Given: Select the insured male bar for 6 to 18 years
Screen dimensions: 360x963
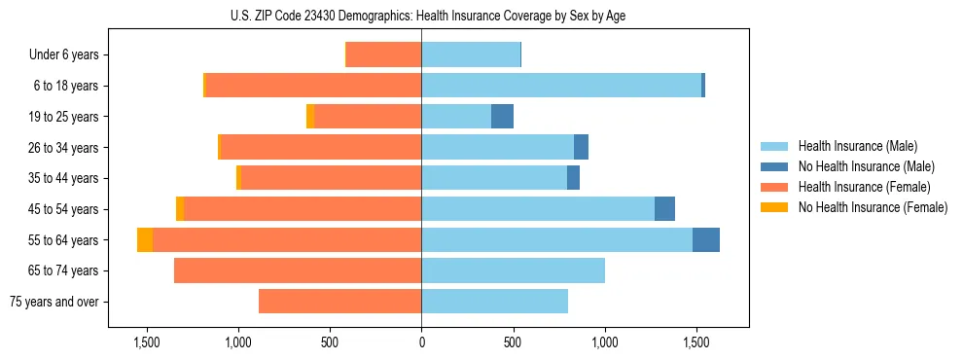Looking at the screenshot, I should point(561,86).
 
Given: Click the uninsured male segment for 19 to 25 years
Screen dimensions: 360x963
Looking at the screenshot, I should point(502,117).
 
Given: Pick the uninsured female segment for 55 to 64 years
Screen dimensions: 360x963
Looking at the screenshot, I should point(145,239).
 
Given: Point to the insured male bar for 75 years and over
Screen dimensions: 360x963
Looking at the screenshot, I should point(494,302).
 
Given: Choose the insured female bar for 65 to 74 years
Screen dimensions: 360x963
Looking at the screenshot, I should point(298,270).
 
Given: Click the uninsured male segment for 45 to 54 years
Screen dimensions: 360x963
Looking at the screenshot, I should point(664,209).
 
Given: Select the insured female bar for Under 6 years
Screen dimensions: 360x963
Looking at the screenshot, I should point(384,55).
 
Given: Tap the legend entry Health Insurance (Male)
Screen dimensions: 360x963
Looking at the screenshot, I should point(857,146).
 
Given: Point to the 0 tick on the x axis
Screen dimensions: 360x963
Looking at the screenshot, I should point(421,342).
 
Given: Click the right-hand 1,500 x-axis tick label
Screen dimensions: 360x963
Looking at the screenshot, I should point(696,342).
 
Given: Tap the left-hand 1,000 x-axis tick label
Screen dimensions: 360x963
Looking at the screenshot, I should point(238,342).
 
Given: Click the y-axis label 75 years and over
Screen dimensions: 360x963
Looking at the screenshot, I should point(53,302).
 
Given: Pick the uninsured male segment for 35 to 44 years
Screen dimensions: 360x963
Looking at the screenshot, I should point(573,178).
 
